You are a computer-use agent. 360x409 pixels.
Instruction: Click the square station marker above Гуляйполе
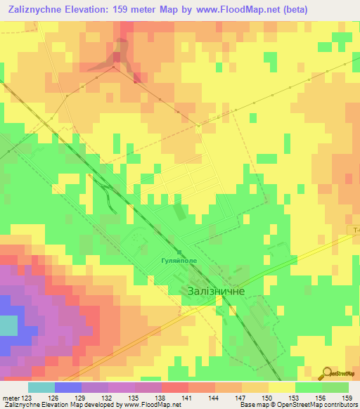click(x=180, y=252)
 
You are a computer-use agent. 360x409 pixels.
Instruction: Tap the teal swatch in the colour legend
click(x=41, y=387)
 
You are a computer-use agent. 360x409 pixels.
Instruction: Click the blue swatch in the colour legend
click(x=67, y=387)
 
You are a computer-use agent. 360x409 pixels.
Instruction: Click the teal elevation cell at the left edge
click(x=8, y=325)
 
